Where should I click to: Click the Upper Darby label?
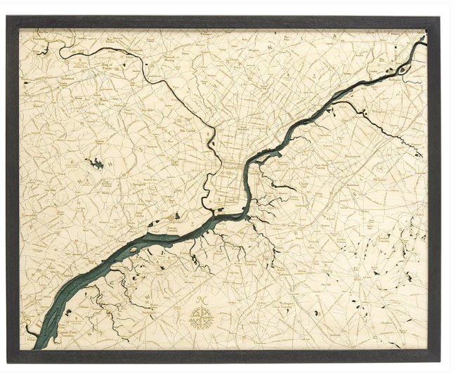[176, 162]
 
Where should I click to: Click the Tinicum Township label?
[174, 229]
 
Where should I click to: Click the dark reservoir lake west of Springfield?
[96, 164]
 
